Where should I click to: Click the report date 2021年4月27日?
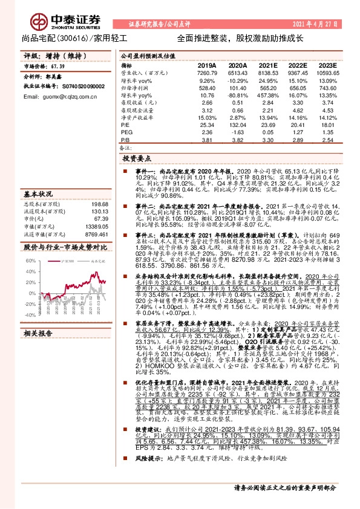pos(324,24)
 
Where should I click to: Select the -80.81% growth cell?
pos(238,96)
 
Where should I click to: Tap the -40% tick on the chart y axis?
pos(31,314)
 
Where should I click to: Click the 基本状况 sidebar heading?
pos(39,195)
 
